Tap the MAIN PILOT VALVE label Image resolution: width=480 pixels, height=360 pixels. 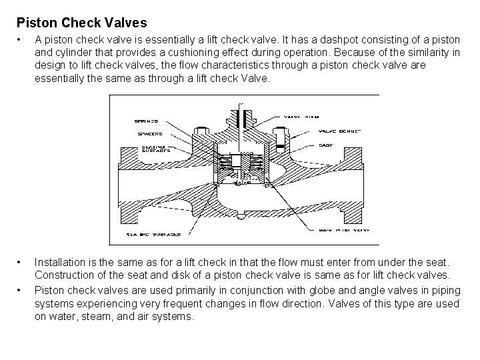click(x=345, y=229)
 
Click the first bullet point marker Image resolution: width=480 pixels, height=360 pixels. click(x=21, y=39)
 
